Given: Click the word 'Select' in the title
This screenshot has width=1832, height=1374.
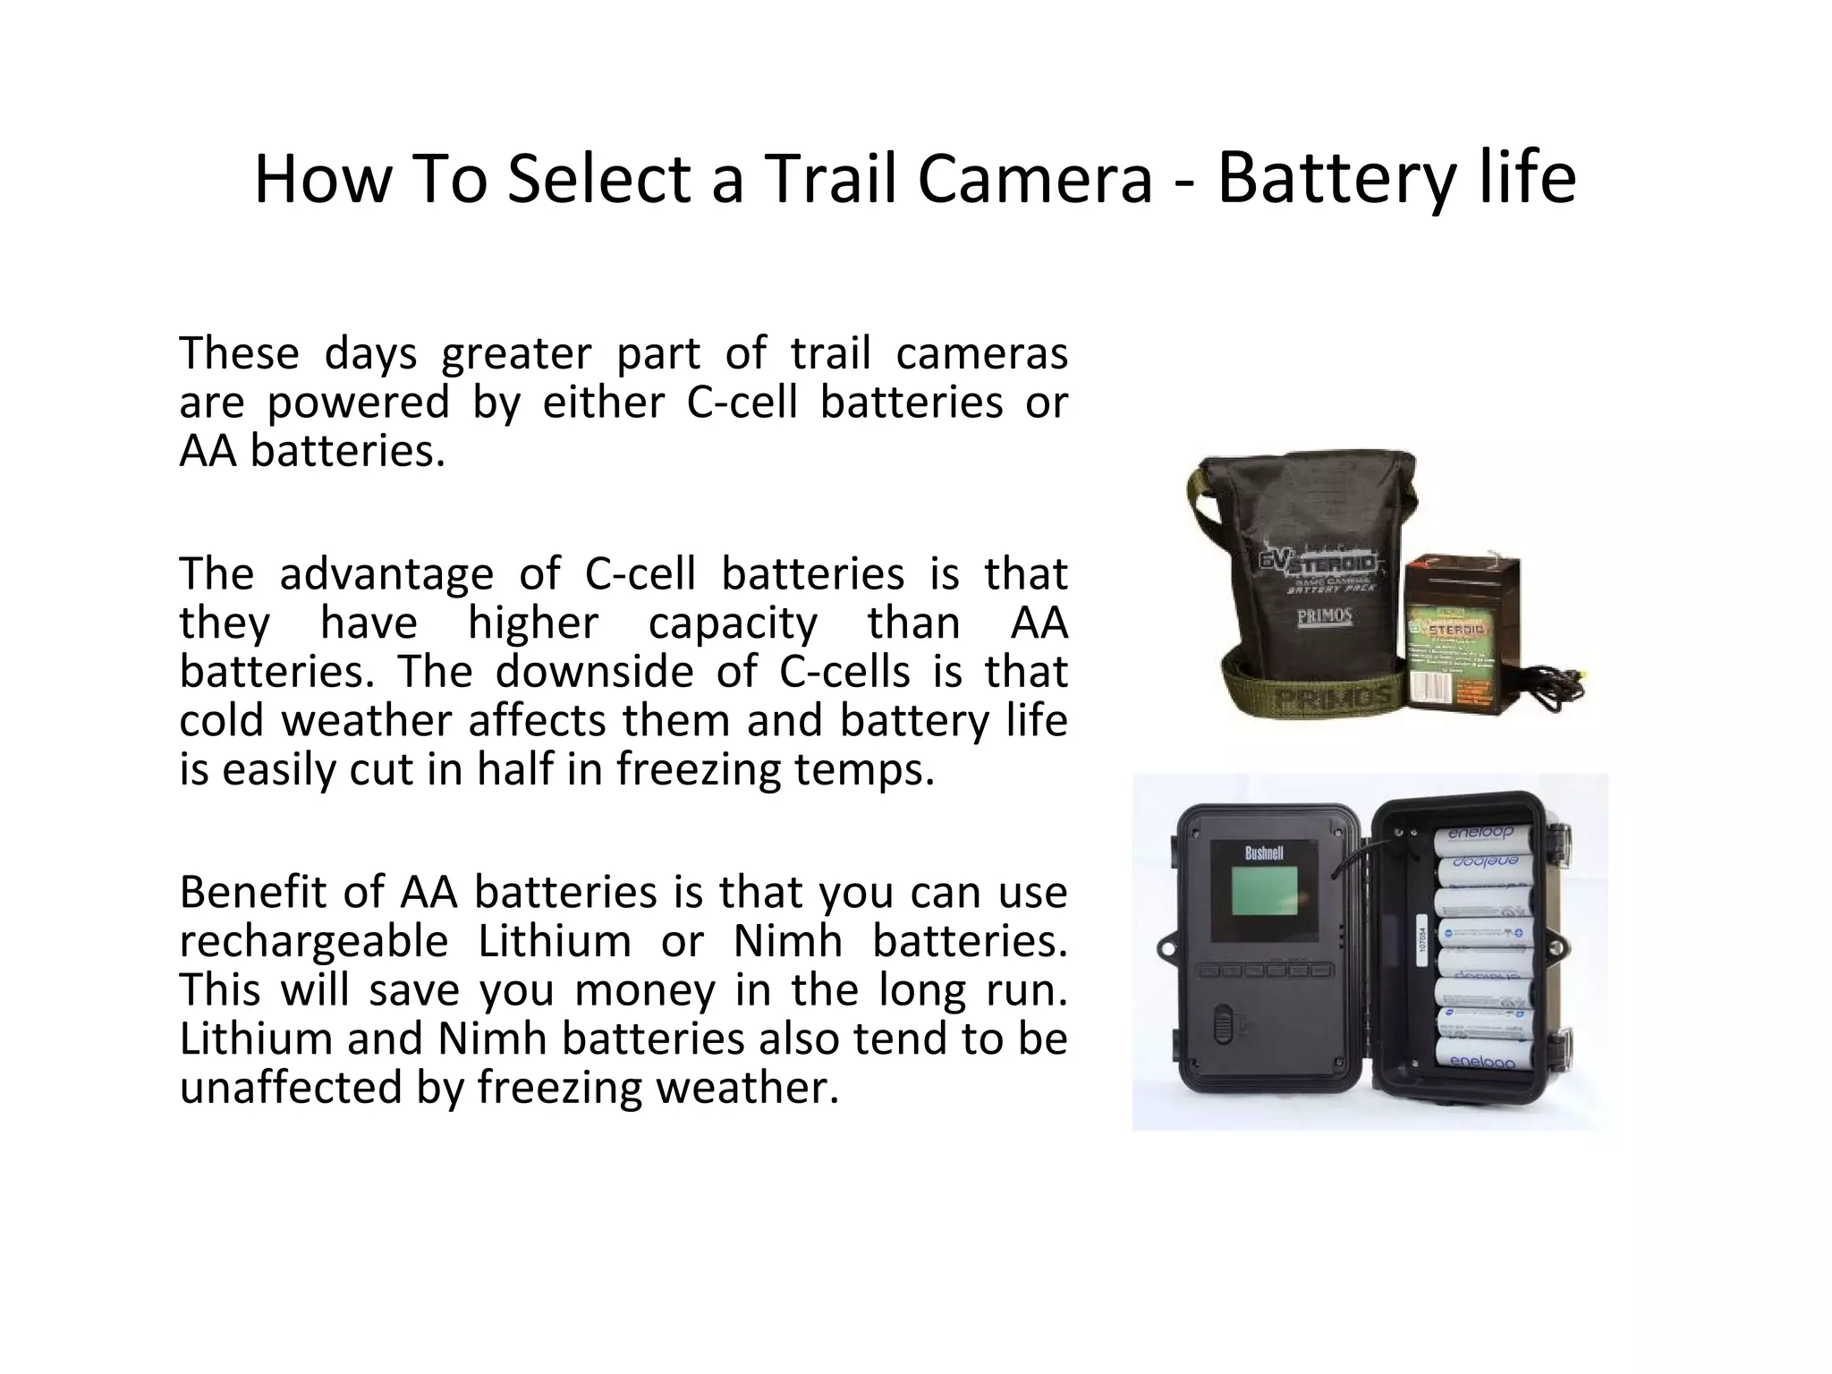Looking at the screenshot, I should click(x=599, y=179).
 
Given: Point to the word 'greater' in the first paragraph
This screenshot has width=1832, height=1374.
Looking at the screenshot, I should click(x=516, y=353).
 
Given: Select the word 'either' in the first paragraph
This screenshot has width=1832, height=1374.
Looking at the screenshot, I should click(x=604, y=403).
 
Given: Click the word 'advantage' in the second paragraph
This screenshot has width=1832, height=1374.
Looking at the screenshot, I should click(x=386, y=574).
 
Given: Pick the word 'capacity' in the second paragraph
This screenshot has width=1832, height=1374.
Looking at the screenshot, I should click(x=733, y=623).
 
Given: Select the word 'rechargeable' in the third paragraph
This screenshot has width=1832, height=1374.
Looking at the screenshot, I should click(x=314, y=942).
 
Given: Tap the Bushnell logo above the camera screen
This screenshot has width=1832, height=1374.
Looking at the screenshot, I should click(x=1264, y=853).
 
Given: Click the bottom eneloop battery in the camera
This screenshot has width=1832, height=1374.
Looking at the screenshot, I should click(x=1481, y=1056).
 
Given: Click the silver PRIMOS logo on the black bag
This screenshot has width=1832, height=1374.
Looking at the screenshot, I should click(x=1324, y=618).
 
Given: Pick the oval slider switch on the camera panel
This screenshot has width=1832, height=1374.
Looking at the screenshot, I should click(x=1223, y=1024).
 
